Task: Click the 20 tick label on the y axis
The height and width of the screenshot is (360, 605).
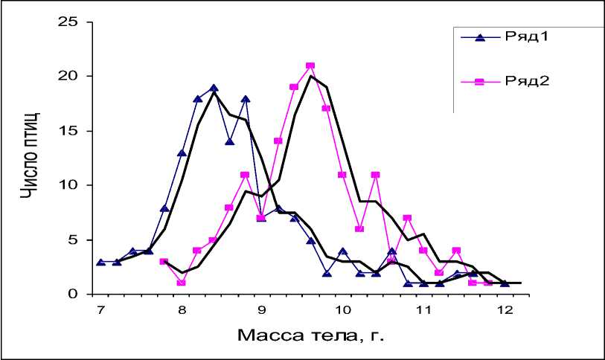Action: click(x=69, y=76)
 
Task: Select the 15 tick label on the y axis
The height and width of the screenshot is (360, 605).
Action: click(x=69, y=130)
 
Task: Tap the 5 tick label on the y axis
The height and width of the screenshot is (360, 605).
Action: click(x=73, y=240)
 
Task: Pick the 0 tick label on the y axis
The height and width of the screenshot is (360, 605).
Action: click(x=73, y=294)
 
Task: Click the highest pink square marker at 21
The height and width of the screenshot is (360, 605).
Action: click(x=310, y=66)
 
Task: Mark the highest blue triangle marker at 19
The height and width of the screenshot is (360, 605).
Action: click(x=214, y=88)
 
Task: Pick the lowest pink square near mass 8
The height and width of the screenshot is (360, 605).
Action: click(x=181, y=283)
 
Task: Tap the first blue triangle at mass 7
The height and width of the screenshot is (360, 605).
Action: click(x=100, y=262)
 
